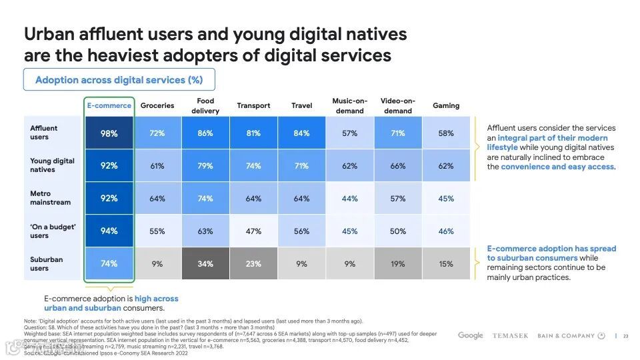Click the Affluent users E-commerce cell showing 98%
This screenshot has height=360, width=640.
point(109,133)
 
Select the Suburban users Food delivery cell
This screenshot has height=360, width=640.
point(205,264)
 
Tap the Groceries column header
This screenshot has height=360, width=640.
point(157,105)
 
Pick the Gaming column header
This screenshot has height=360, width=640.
point(446,105)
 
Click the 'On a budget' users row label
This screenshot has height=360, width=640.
point(53,231)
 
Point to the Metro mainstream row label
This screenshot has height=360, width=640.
point(50,198)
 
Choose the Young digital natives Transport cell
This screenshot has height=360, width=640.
point(253,166)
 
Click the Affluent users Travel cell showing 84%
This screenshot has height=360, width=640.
point(301,133)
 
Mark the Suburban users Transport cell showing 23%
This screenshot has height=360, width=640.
point(253,264)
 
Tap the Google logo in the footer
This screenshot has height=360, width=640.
point(471,335)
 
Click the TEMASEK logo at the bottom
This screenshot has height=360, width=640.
point(510,336)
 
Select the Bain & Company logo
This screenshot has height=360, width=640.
point(571,336)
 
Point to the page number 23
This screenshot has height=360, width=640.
point(625,336)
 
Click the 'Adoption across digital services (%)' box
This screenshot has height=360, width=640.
point(119,80)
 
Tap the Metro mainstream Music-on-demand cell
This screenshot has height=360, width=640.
point(349,199)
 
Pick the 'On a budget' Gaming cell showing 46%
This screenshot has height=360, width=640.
point(446,231)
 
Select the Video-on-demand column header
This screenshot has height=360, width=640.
point(398,105)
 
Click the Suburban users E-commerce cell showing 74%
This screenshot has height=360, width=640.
point(109,264)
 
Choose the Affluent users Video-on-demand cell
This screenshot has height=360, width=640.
point(398,133)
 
